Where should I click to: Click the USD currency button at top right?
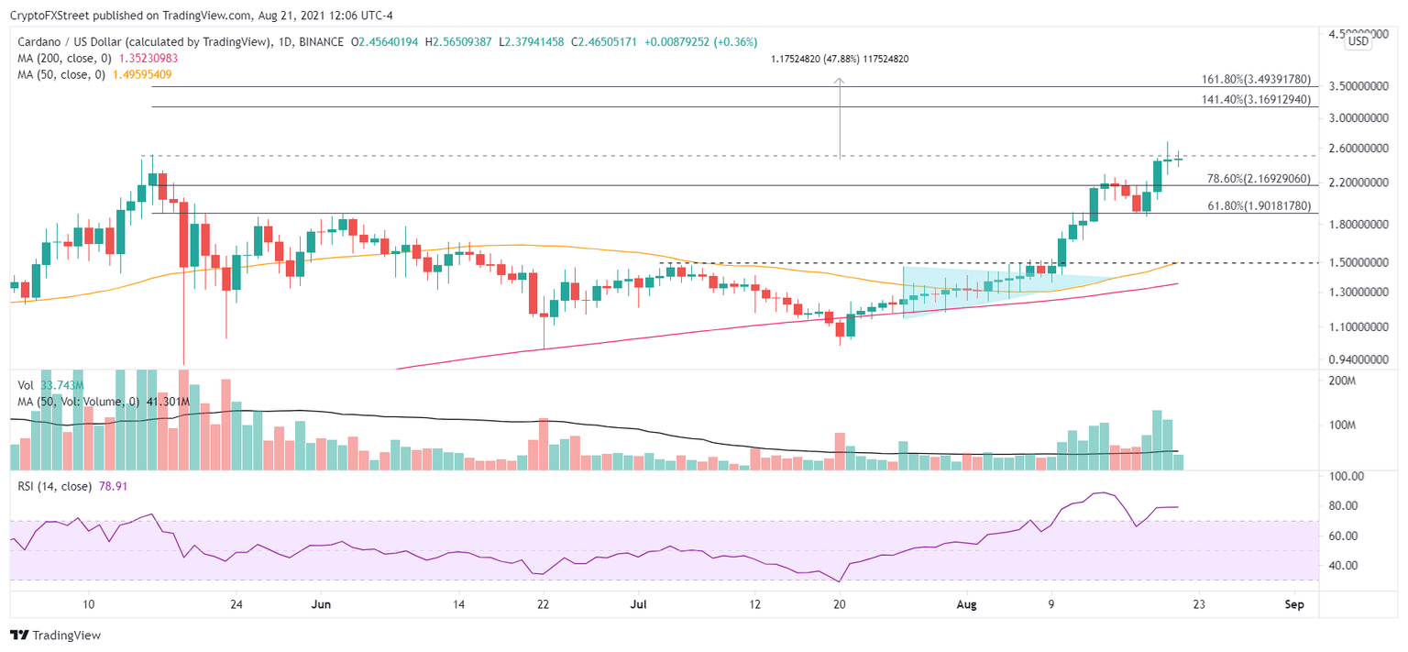[x=1357, y=40]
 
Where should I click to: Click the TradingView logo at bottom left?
[x=56, y=635]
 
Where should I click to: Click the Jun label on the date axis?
[x=321, y=604]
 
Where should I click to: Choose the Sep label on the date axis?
[x=1293, y=604]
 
